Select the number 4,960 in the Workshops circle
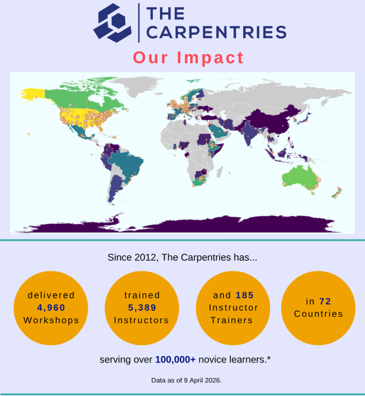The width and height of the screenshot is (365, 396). [51, 308]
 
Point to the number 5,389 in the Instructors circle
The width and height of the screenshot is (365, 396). [142, 308]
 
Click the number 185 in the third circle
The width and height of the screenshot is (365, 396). [244, 295]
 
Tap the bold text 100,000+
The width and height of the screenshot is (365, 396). [175, 359]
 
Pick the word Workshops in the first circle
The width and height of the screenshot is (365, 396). [51, 320]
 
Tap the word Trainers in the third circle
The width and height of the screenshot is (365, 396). [233, 320]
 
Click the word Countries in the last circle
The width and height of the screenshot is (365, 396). [318, 313]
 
